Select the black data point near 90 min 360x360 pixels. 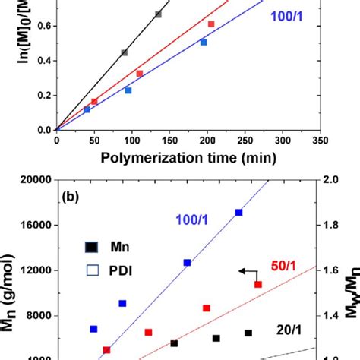124,52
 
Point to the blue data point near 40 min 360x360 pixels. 87,109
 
